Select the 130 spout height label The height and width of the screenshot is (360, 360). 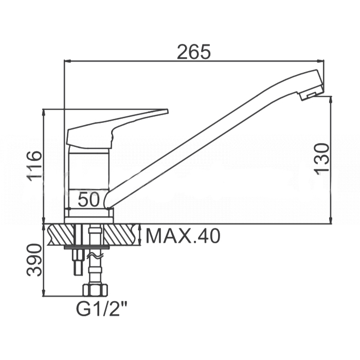[x=321, y=158]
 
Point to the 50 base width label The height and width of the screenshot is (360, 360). [x=89, y=200]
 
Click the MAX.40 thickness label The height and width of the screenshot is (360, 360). [x=183, y=236]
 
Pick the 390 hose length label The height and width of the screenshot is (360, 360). [x=34, y=260]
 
